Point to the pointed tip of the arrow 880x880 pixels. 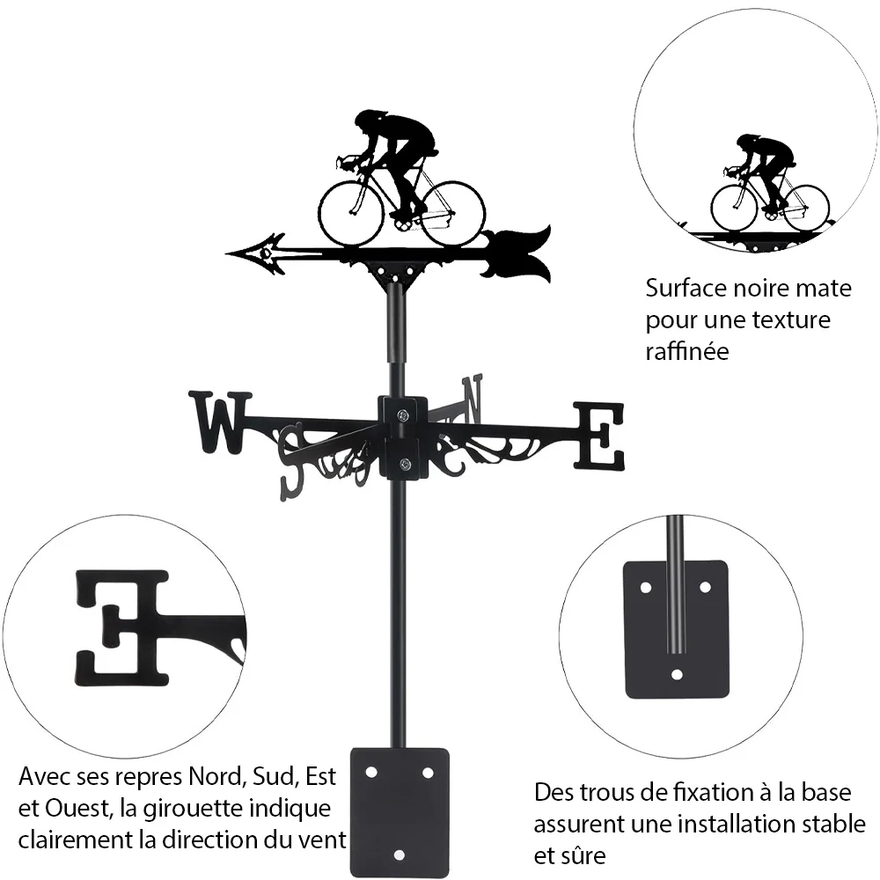(x=227, y=253)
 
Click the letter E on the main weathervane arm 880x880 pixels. (x=598, y=436)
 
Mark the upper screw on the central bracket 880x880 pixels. (x=403, y=415)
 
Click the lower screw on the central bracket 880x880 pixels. (x=403, y=464)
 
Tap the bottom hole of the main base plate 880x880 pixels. (x=399, y=855)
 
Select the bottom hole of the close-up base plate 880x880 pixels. (x=677, y=674)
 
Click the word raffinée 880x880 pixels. (x=687, y=352)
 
